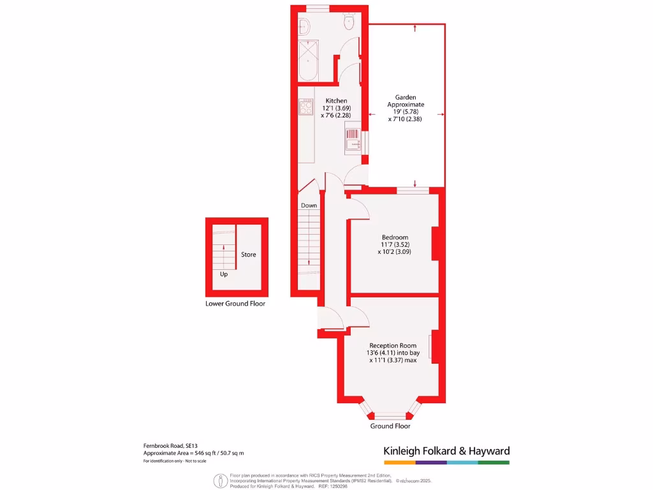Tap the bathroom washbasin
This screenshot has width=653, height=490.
coord(304,26)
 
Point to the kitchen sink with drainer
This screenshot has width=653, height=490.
coord(353,140)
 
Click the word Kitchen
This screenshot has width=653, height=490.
coord(337,101)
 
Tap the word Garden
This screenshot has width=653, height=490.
coord(406,98)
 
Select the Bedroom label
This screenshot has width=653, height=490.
coord(395,237)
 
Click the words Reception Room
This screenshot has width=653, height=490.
coord(393,345)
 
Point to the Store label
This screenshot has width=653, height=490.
coord(248,255)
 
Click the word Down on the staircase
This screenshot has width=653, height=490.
coord(309,205)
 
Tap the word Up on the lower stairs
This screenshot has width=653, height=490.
coord(224,274)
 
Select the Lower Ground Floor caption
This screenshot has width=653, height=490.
coord(235,304)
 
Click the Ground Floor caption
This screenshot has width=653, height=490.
coord(390,426)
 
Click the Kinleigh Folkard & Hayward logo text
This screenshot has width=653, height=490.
coord(446,451)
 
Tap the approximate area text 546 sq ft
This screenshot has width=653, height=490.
coord(194,452)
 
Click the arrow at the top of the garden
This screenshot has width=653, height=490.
coord(415,27)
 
